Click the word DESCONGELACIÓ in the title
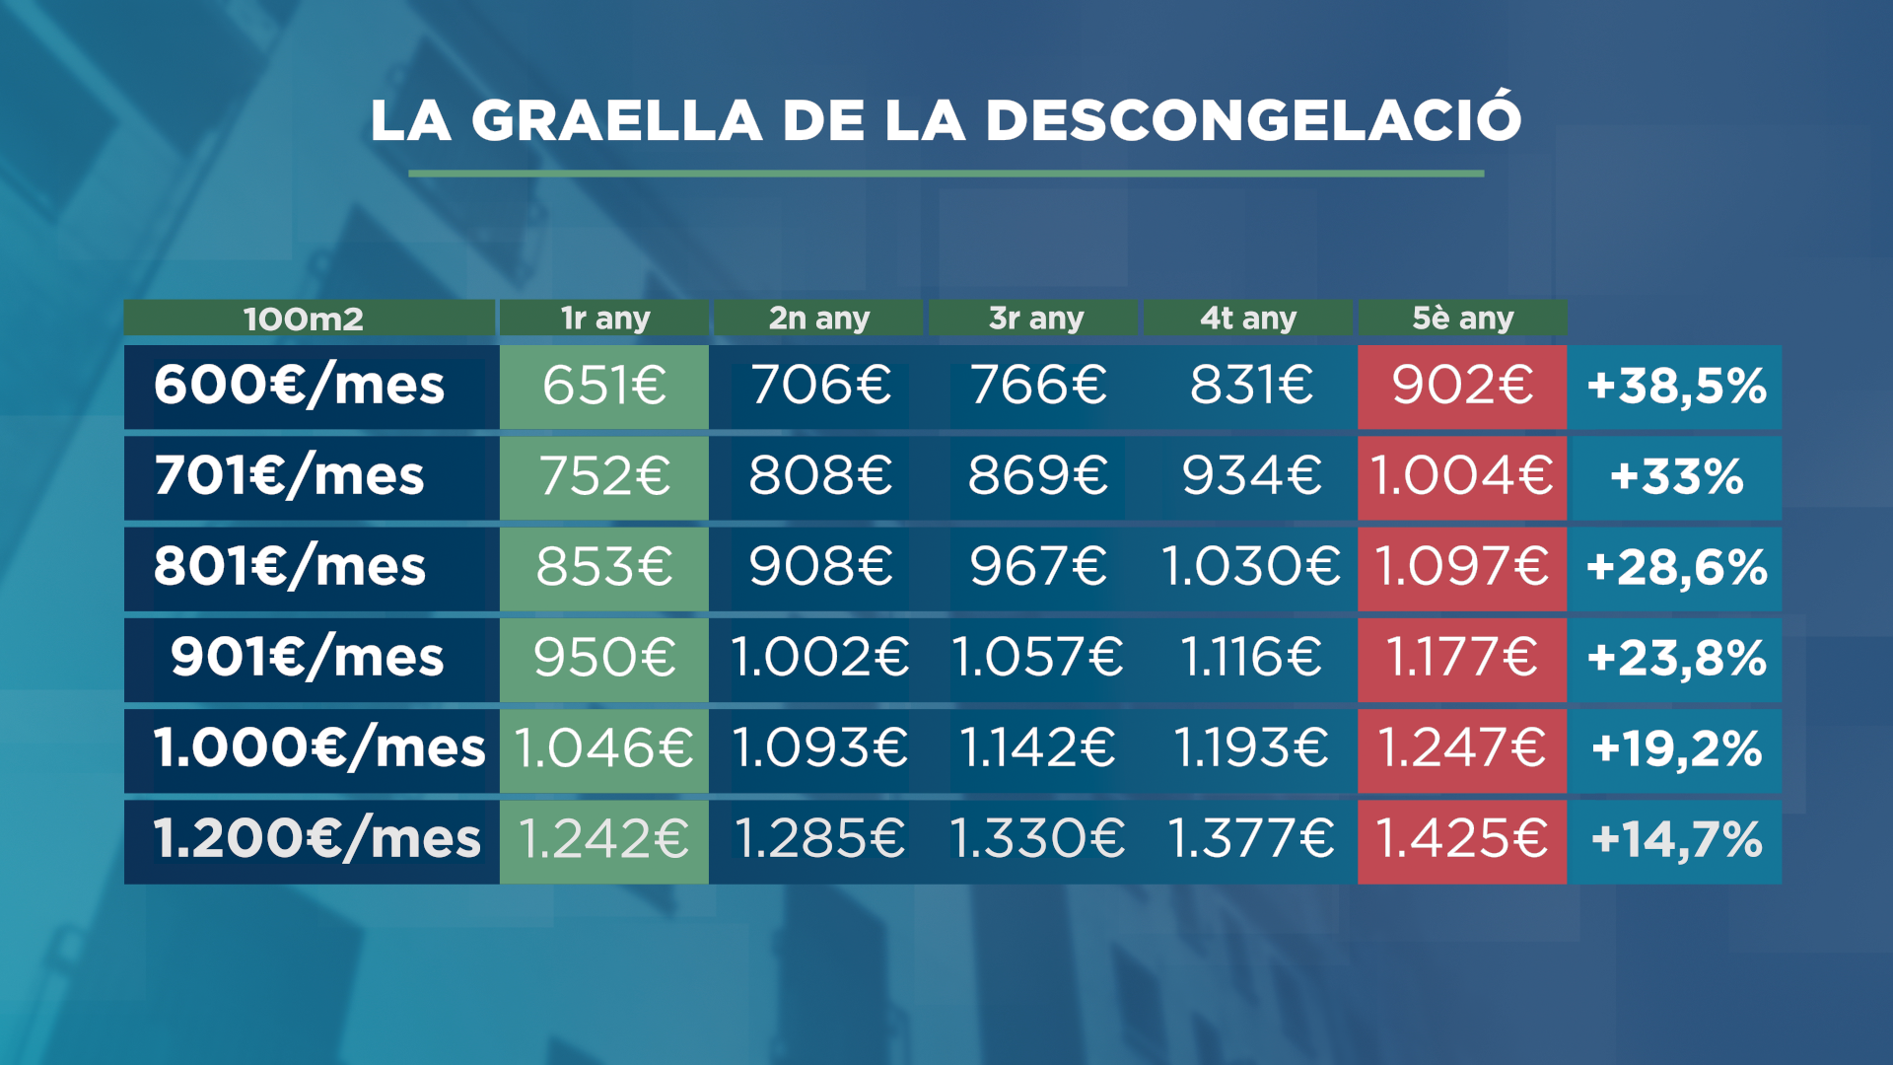[1253, 120]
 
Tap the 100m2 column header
[304, 319]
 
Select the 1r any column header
[604, 319]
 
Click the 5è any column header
[1462, 319]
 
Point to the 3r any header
[1035, 319]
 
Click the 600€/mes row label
[300, 386]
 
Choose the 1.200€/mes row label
[316, 840]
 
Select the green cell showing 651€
[604, 386]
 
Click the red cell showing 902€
[1462, 386]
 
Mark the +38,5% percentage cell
[1676, 386]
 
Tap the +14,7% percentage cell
[1676, 840]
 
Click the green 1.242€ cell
[604, 840]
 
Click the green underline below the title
[946, 174]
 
